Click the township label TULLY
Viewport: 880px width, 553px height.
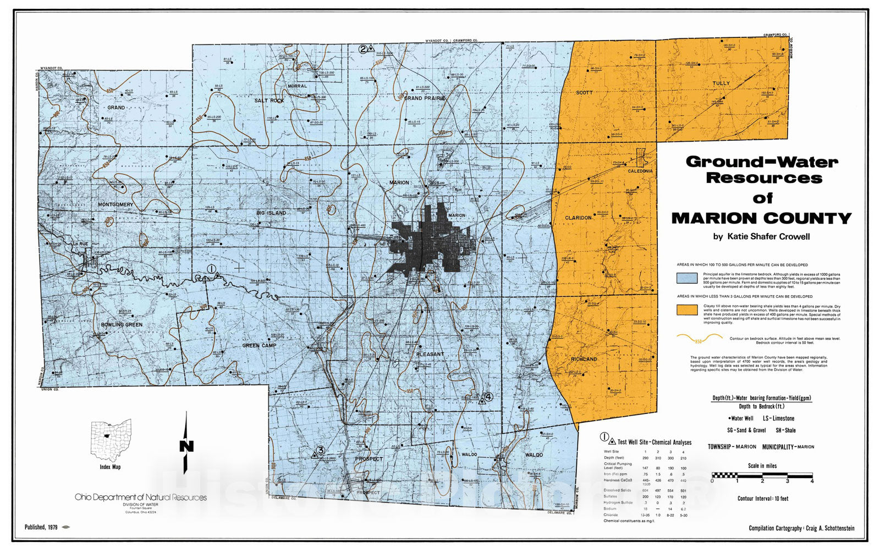pos(721,84)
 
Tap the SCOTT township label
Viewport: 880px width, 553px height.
pos(584,93)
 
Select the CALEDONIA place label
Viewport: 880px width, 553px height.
pos(640,171)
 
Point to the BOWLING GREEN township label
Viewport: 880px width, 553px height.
pos(122,325)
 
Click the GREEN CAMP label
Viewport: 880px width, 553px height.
pos(259,346)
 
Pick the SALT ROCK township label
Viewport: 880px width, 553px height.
pos(269,101)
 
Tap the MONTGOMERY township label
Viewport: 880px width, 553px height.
pos(116,204)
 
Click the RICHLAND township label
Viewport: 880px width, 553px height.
pos(584,359)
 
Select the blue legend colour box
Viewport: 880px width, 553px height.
pos(686,278)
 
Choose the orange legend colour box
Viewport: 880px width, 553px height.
pos(686,309)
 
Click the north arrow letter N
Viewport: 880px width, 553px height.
pos(186,446)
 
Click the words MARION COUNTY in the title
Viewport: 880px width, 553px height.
pos(761,219)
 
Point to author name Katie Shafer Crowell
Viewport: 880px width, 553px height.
pos(761,237)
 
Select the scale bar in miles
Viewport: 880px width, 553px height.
pos(762,475)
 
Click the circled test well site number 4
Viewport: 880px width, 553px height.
pos(488,396)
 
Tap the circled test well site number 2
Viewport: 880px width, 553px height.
pos(363,49)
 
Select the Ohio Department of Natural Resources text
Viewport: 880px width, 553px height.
pos(141,497)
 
